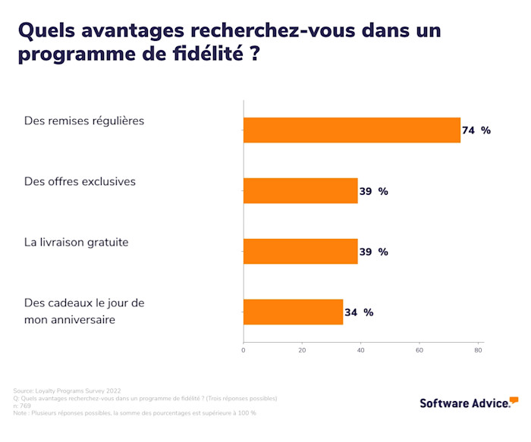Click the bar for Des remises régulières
pos(351,130)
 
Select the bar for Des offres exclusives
pos(300,191)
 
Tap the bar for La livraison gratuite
pos(300,252)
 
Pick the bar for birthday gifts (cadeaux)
pos(293,312)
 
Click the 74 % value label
pos(476,130)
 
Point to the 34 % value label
pos(359,312)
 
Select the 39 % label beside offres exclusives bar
pos(373,191)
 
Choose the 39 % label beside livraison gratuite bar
pos(373,252)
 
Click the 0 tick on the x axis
pos(244,350)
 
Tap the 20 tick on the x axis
pos(302,350)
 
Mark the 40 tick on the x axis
pos(361,350)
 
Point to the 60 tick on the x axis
pos(419,350)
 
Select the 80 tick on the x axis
pos(479,350)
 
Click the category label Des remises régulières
pos(84,121)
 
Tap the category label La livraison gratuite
pos(77,243)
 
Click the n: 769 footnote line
pos(22,406)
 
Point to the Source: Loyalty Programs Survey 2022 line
pos(67,390)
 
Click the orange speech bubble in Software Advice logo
pos(514,400)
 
